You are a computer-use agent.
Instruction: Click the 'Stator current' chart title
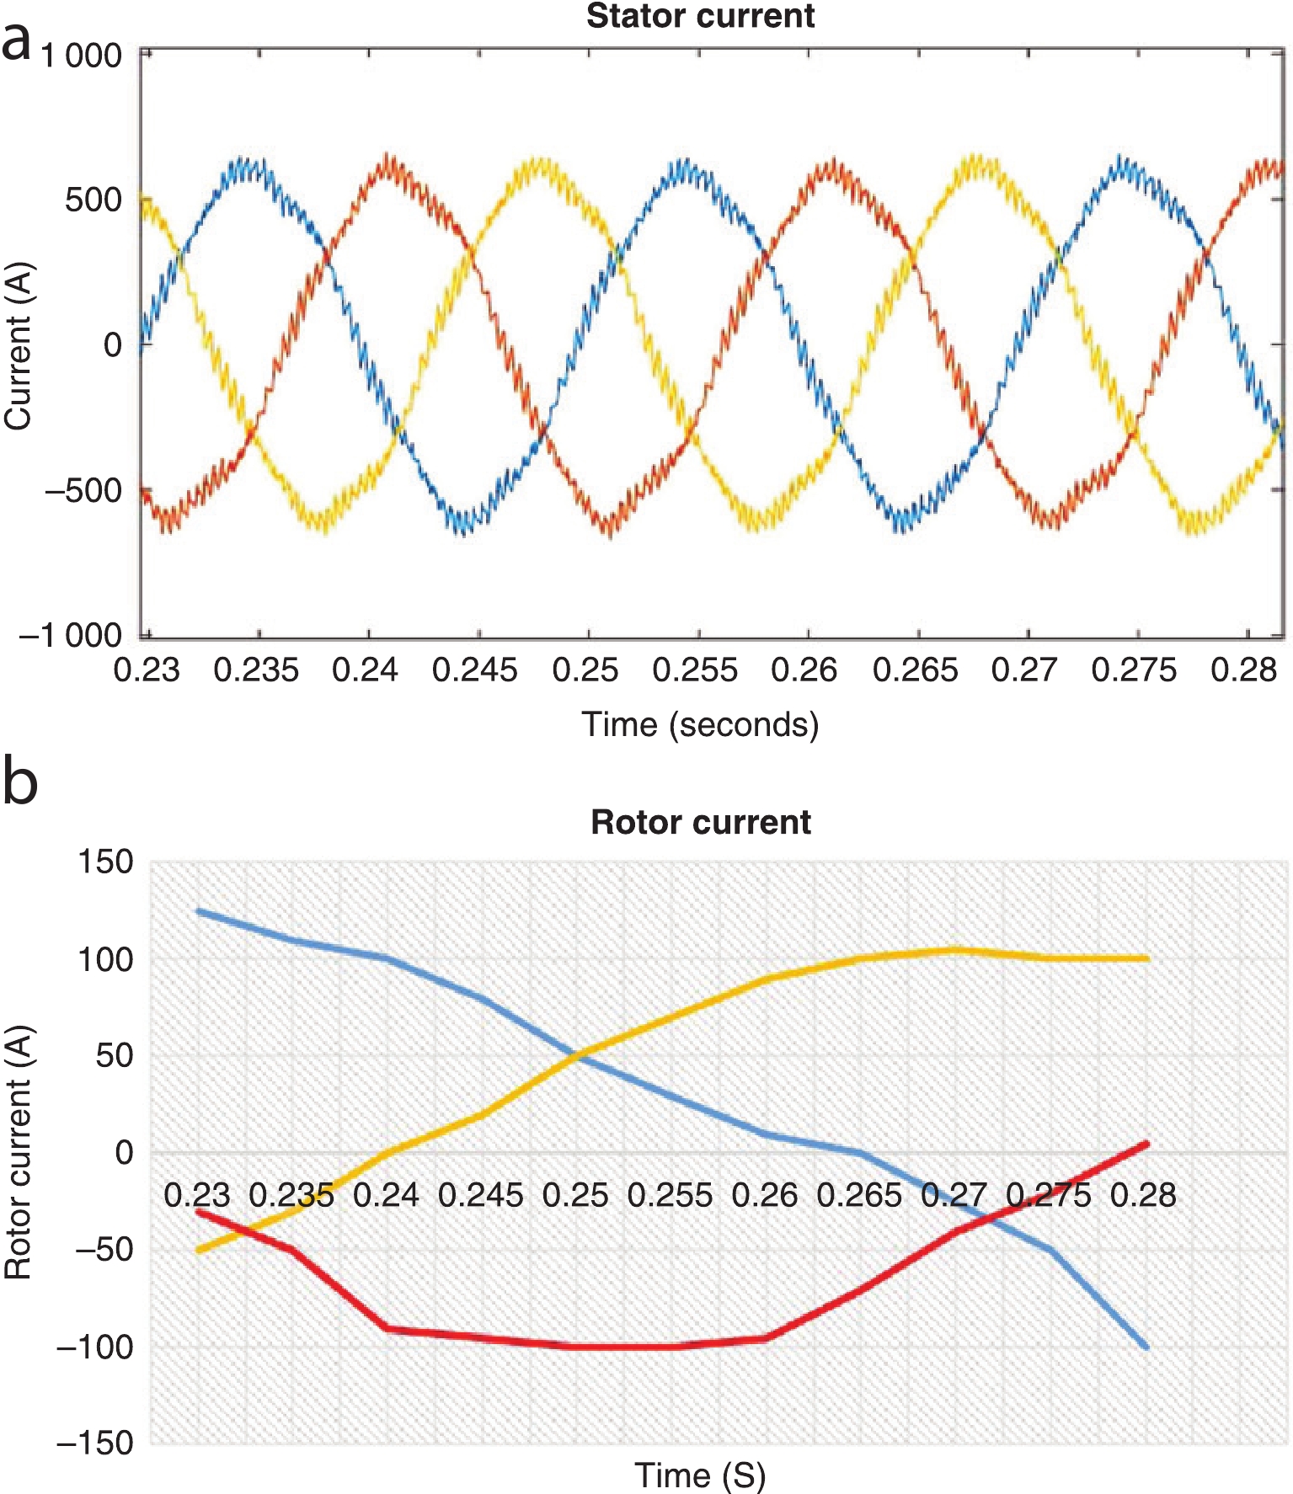700,17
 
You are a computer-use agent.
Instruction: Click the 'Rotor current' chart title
701,822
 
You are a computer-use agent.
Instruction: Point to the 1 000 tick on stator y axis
82,56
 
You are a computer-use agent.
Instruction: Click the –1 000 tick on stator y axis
71,635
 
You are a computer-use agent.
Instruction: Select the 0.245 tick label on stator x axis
475,670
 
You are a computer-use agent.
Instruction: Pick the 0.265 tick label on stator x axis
915,670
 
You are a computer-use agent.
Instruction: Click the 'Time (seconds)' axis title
700,724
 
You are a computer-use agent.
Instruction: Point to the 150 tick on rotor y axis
105,862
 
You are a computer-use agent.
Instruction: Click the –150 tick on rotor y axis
94,1443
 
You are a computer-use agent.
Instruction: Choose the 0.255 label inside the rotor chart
670,1195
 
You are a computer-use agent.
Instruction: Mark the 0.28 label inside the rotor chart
1143,1195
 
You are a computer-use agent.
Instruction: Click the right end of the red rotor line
1146,1144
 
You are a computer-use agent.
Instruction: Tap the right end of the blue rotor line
1146,1347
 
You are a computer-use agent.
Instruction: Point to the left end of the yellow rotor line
198,1251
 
